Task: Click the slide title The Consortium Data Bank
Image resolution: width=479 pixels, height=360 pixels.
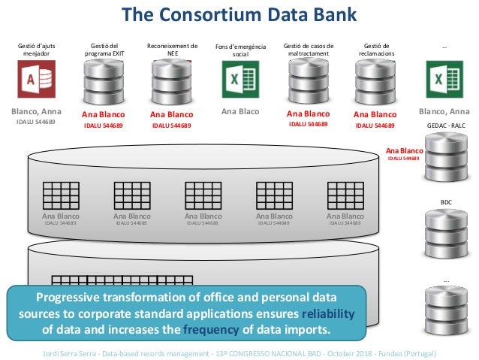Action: click(239, 14)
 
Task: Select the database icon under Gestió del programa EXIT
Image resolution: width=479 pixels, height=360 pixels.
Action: click(104, 80)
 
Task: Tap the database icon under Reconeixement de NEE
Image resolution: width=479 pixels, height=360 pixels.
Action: click(171, 80)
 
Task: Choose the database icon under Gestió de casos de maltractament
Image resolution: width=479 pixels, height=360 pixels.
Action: click(309, 80)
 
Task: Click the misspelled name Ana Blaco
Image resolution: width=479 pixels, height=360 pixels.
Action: click(240, 113)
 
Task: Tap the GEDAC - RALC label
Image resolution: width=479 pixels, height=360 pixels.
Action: click(446, 126)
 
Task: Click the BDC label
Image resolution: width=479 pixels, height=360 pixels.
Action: click(446, 202)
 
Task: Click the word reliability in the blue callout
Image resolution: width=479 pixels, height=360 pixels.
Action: click(327, 313)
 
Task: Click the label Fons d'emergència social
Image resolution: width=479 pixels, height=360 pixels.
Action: click(240, 50)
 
